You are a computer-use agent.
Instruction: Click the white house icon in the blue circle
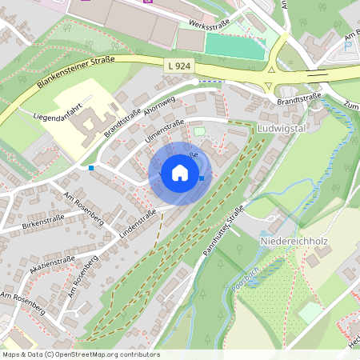(179, 172)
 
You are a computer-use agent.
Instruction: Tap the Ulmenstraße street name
(164, 131)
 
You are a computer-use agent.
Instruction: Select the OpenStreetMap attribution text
(81, 354)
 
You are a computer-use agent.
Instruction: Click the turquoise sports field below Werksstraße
(234, 46)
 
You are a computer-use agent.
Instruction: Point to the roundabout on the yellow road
(270, 72)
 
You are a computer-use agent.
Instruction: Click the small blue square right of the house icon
(202, 178)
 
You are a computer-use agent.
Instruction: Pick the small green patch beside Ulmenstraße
(199, 131)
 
